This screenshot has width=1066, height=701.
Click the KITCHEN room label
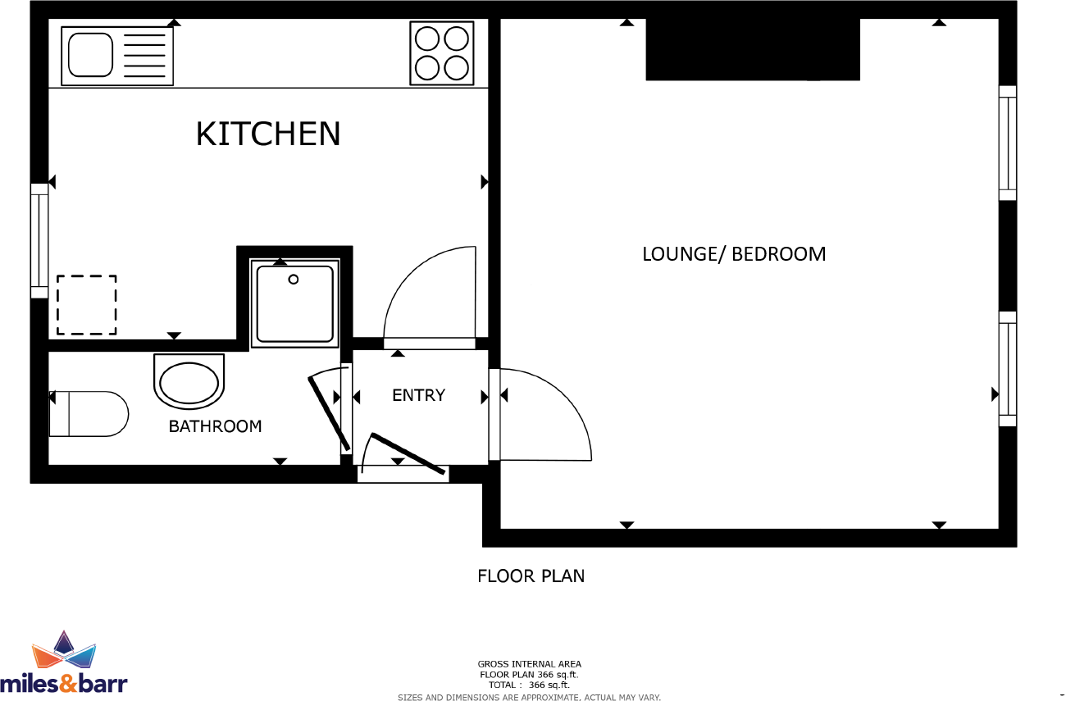point(268,134)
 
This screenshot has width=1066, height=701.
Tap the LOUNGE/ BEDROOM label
point(733,254)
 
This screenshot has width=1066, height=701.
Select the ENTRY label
point(418,395)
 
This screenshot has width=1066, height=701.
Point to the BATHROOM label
point(215,426)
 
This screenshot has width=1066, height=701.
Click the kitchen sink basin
point(89,54)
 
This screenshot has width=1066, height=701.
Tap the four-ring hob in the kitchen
point(442,53)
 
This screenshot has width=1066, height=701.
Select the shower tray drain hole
point(293,280)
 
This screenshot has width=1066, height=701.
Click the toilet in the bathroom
point(89,414)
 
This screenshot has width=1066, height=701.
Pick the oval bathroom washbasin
point(189,382)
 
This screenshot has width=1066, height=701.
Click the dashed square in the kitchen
point(86,305)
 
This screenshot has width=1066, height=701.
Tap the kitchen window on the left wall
point(39,240)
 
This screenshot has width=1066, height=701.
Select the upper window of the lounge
point(1007,143)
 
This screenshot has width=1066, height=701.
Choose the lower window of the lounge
point(1007,369)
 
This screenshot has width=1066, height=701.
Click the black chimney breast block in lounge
point(753,49)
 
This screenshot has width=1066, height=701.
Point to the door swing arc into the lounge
point(545,414)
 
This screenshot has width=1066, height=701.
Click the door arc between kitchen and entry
point(430,295)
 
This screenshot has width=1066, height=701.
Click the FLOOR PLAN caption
point(531,576)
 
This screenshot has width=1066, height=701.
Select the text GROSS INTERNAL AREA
point(529,664)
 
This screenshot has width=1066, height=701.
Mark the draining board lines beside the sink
point(143,54)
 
